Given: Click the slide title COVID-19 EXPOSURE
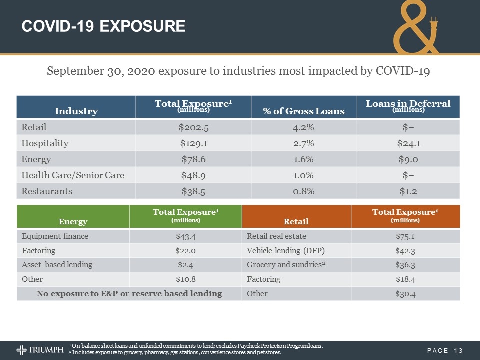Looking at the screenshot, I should (x=103, y=26).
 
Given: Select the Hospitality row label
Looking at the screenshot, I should (x=45, y=143).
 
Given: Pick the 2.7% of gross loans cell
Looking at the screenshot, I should (x=304, y=143).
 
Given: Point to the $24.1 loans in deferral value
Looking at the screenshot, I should (x=408, y=143).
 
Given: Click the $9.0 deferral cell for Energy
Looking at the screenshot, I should (x=408, y=159).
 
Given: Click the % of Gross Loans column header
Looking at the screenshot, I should (x=304, y=110).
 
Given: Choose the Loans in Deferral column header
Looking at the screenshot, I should (x=408, y=106).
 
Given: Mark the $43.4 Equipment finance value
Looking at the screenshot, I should (x=185, y=236).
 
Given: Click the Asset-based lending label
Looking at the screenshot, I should (x=57, y=265).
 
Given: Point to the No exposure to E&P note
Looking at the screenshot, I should (x=129, y=293).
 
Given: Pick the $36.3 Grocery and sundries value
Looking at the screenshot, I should (x=405, y=265).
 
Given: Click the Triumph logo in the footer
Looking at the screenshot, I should (x=40, y=349).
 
